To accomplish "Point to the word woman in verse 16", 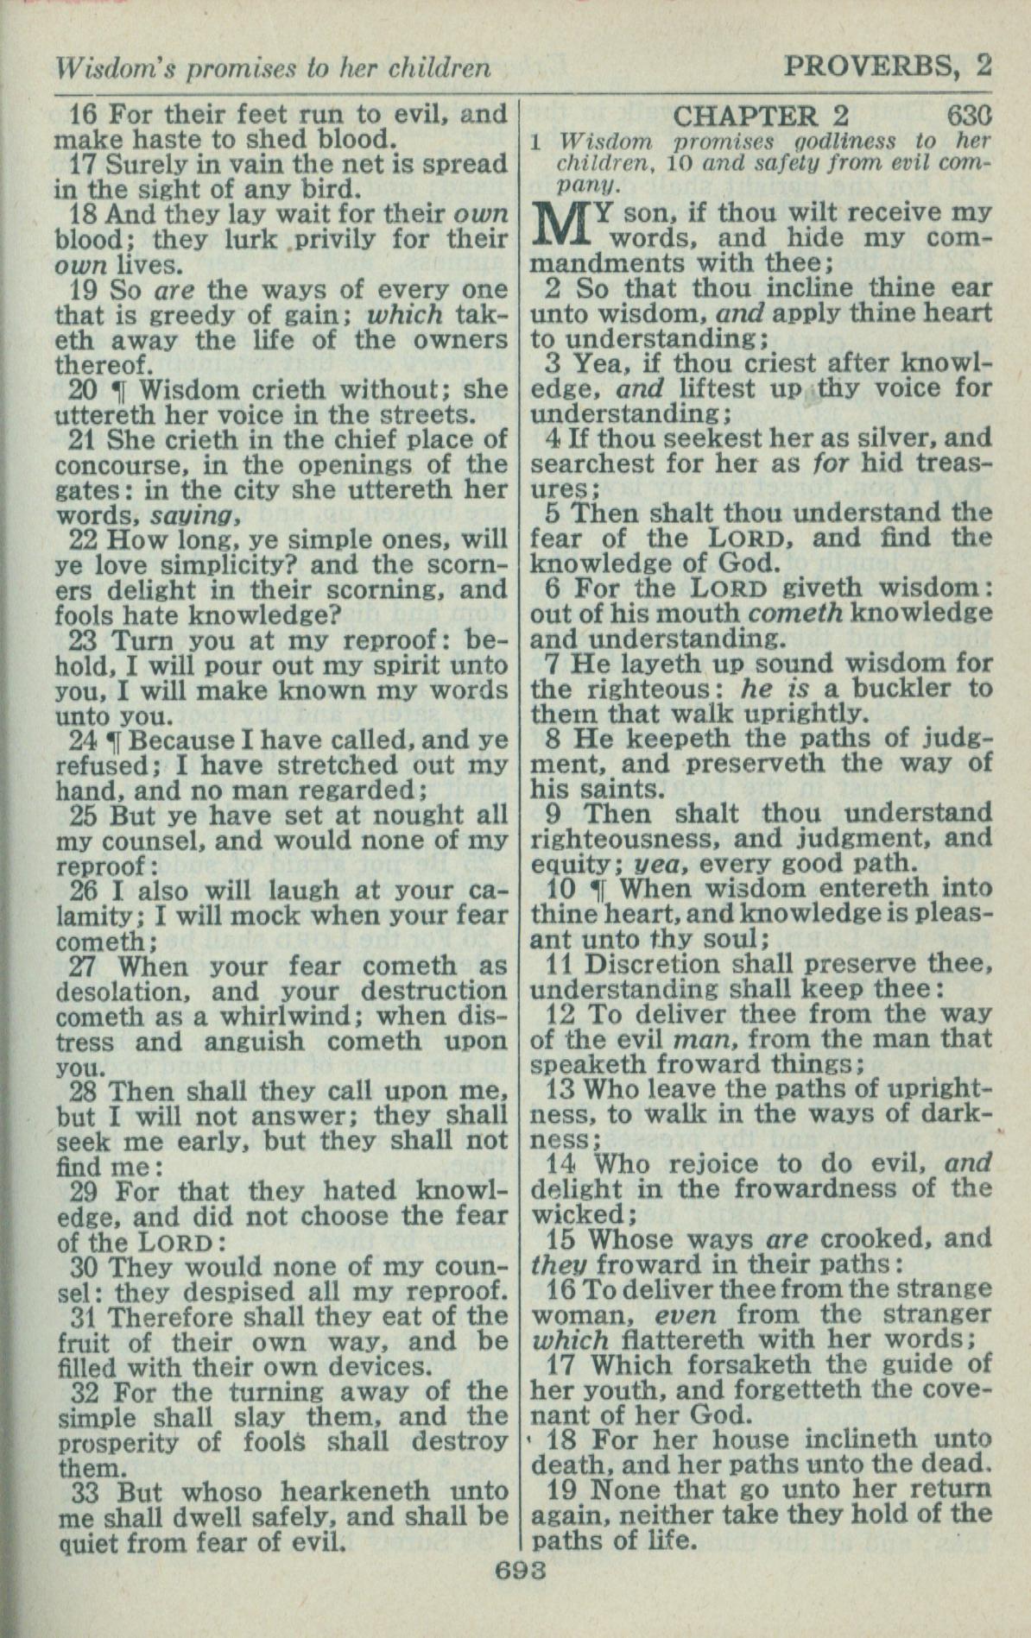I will [572, 1315].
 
